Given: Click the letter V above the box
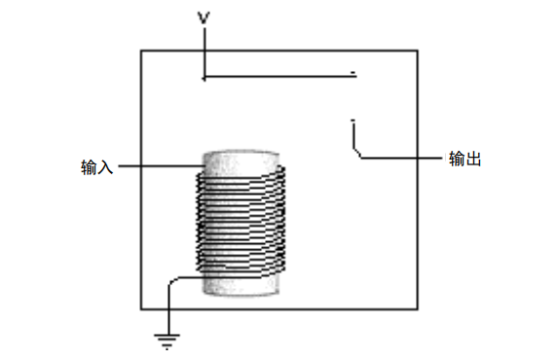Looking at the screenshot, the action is (204, 17).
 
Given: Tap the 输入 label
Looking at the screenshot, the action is (97, 167).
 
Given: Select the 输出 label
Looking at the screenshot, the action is (465, 160).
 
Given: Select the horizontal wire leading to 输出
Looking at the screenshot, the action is (399, 159).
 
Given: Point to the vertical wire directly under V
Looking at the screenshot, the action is (204, 54).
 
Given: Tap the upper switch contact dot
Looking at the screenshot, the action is (353, 75).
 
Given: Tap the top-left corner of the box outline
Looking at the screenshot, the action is (142, 50).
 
